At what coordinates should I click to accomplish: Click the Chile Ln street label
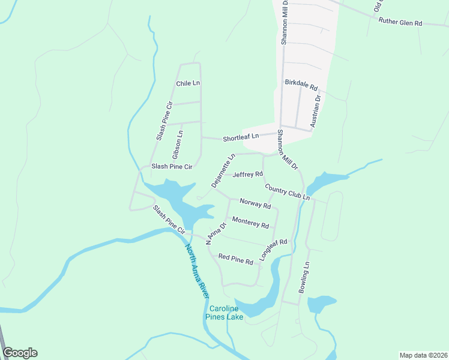187,83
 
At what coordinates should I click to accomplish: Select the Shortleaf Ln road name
241,138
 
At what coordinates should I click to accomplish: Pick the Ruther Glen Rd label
400,22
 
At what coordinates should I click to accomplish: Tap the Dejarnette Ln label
222,171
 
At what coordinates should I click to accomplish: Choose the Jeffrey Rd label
248,175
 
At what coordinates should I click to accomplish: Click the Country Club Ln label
287,192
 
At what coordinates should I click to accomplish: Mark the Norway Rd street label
255,204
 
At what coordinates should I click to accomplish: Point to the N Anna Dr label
215,233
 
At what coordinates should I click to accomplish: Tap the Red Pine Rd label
235,259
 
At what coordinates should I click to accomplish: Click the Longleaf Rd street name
274,250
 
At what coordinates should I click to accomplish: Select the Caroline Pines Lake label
224,313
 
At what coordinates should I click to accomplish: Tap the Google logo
20,353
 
